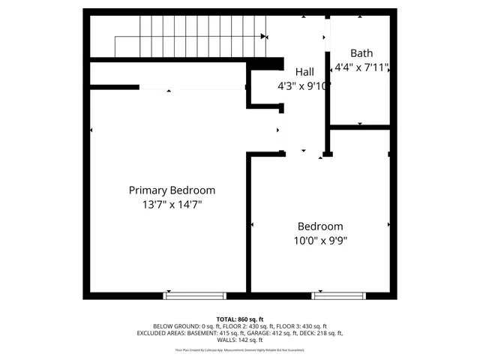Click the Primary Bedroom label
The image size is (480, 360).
[172, 190]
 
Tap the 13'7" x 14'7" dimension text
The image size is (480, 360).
[172, 204]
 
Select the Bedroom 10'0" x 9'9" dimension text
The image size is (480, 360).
[320, 241]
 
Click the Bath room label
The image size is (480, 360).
[361, 53]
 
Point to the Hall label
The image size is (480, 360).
[304, 71]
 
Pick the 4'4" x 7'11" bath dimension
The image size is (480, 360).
[361, 67]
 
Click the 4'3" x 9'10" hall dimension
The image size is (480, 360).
[304, 85]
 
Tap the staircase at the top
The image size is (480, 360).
[187, 37]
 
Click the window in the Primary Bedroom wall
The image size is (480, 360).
[185, 295]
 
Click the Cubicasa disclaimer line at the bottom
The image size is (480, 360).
[239, 349]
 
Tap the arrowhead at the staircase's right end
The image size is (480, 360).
[263, 36]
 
